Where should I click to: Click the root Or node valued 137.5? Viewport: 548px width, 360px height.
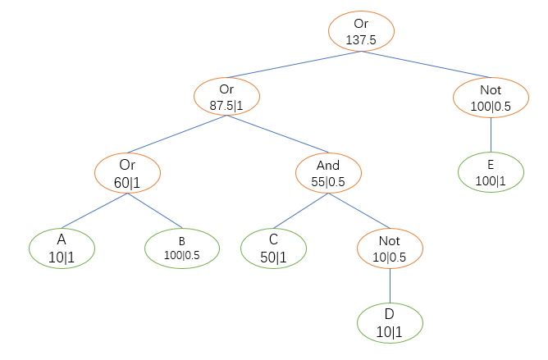click(x=362, y=31)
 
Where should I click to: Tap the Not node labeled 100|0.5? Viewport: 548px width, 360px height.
click(x=490, y=97)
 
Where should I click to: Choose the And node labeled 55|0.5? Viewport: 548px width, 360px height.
click(x=328, y=171)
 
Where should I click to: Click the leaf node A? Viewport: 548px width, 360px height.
click(x=62, y=247)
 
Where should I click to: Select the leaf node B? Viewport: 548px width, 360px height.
click(x=182, y=247)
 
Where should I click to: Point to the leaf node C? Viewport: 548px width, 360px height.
click(x=273, y=247)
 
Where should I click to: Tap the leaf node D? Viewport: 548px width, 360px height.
click(x=390, y=322)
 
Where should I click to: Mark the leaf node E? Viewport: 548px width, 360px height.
click(x=490, y=171)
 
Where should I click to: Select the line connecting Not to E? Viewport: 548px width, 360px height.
click(x=490, y=134)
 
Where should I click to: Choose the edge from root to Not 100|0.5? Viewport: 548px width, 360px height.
click(x=426, y=68)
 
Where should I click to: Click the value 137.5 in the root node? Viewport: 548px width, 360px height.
click(x=362, y=39)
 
